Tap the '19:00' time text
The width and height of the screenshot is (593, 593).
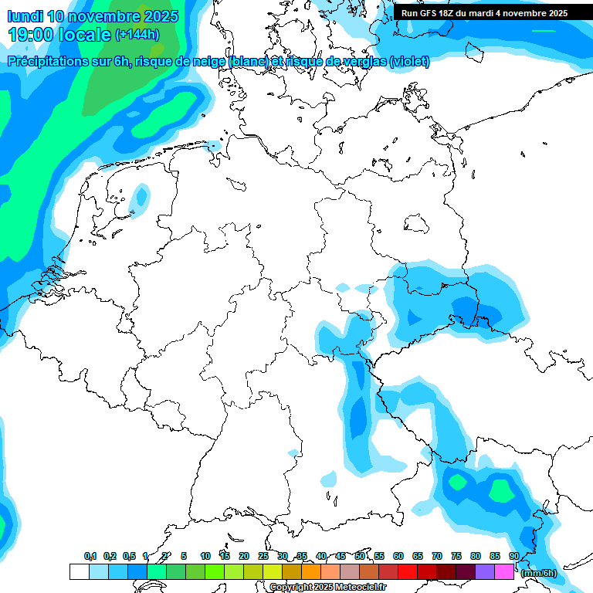tap(32, 35)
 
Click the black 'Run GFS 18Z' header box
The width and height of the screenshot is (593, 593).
tap(484, 13)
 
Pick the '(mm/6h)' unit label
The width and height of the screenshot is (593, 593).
tap(539, 573)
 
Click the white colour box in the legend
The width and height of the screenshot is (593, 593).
tap(79, 571)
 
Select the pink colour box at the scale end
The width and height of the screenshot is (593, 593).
tap(504, 571)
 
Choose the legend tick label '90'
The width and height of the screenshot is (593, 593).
tap(513, 556)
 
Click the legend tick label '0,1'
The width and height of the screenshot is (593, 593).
tap(90, 556)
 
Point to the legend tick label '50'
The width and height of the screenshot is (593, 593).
tap(360, 556)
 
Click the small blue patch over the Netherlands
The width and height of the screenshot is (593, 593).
tap(140, 197)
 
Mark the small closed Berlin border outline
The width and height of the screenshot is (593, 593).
tap(418, 223)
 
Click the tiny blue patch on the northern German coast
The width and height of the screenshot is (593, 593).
tap(214, 145)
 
